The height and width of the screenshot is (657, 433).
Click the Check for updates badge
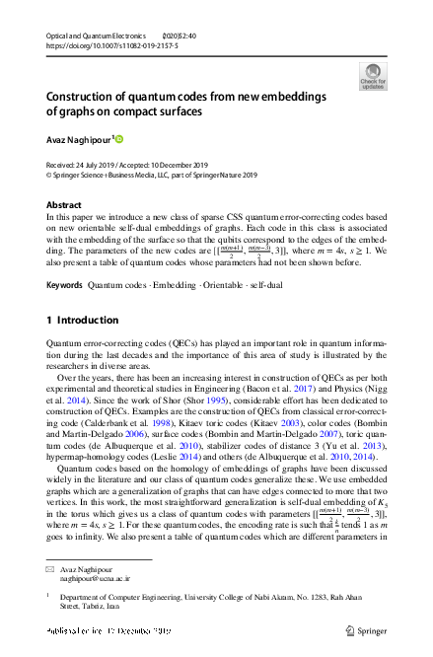[x=373, y=76]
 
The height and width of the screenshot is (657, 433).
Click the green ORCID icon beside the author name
[x=119, y=139]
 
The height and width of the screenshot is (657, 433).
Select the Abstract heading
[x=64, y=205]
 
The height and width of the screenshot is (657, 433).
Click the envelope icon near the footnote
[x=51, y=570]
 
